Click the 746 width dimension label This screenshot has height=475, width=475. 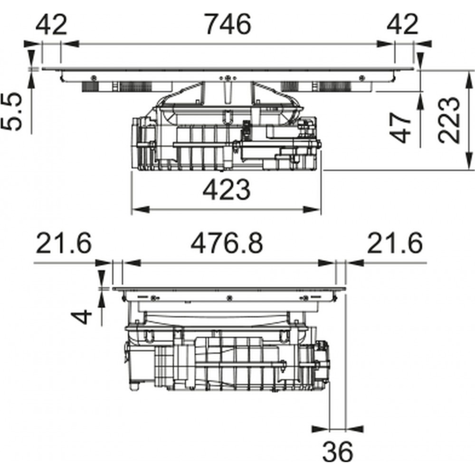(x=228, y=24)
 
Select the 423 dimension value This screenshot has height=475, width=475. (x=226, y=190)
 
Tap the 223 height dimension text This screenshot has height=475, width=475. (x=449, y=120)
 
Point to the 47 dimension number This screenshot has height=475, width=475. (x=400, y=127)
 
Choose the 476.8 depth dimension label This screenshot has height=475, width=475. (x=227, y=243)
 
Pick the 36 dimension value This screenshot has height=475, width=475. (x=337, y=452)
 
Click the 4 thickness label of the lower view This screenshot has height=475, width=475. (x=81, y=317)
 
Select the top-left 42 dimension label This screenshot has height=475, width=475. (x=51, y=24)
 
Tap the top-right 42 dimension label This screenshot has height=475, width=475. (x=402, y=24)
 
